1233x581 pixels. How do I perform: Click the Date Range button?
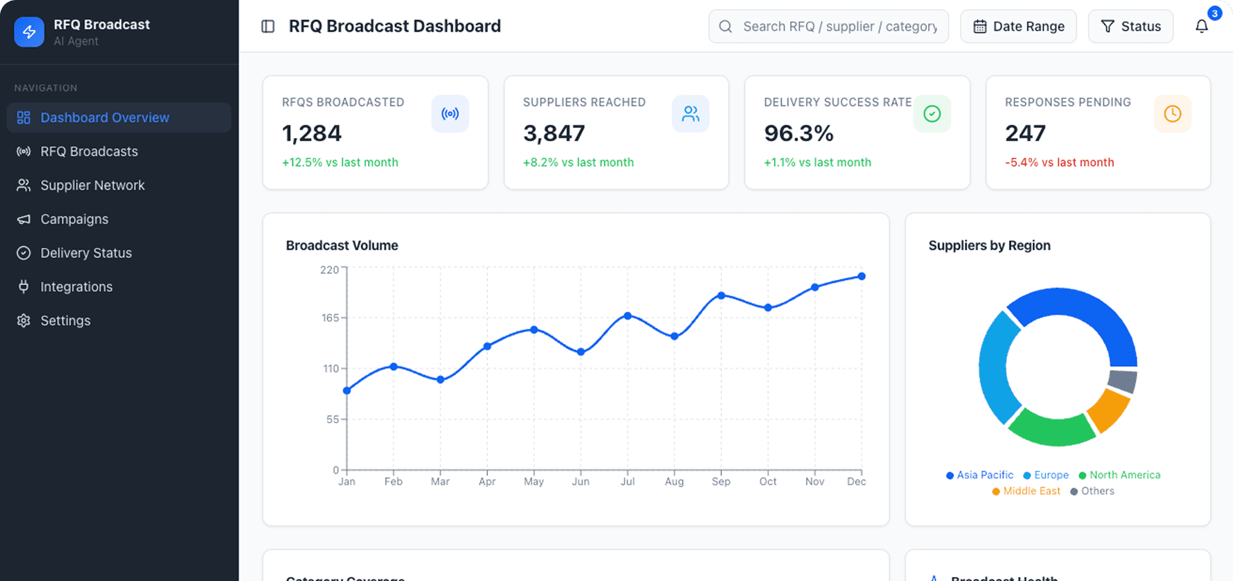click(x=1018, y=27)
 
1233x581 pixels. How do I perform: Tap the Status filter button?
click(x=1130, y=27)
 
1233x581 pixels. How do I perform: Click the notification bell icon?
click(x=1201, y=27)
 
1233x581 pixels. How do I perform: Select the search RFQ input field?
click(x=839, y=27)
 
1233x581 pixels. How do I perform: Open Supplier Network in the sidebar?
click(x=92, y=186)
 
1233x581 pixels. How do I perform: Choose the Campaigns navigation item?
click(x=74, y=220)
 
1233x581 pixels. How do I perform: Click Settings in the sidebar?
click(x=65, y=321)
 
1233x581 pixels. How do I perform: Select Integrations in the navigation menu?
click(x=76, y=287)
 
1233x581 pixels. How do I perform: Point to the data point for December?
click(x=861, y=277)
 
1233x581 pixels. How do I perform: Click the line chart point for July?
click(x=627, y=316)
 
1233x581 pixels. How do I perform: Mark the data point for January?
click(x=347, y=391)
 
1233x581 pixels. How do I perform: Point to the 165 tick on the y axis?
click(x=330, y=318)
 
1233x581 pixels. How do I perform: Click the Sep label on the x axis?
click(x=721, y=482)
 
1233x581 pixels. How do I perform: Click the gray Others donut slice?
click(x=1122, y=381)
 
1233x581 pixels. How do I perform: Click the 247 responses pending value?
click(x=1025, y=133)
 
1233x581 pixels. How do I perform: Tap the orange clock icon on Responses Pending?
click(x=1172, y=114)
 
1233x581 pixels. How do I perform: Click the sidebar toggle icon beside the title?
click(x=268, y=27)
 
